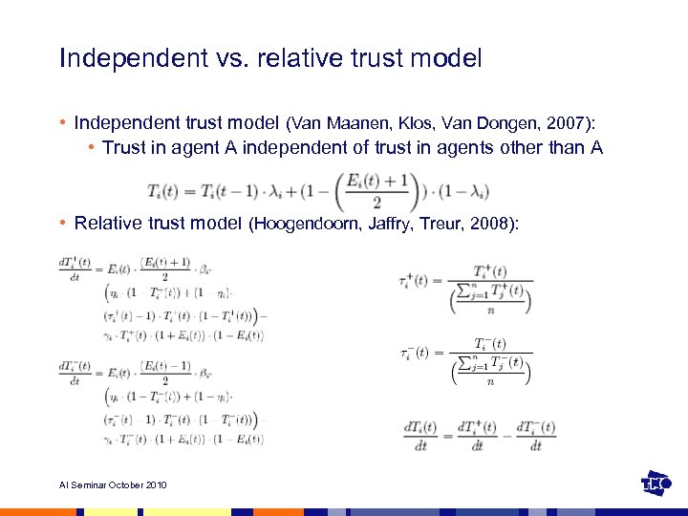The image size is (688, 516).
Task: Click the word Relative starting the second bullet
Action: click(x=107, y=224)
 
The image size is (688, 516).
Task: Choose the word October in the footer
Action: click(x=123, y=485)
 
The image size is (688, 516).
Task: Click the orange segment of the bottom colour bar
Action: click(x=38, y=512)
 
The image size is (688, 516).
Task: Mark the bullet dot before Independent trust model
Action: click(x=62, y=123)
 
